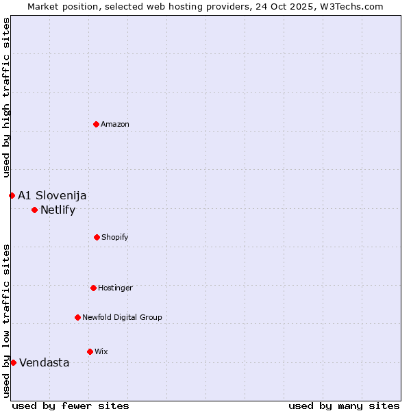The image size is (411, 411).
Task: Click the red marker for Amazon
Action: click(x=96, y=124)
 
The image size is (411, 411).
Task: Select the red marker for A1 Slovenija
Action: click(x=12, y=195)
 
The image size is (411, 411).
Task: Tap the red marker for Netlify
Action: click(x=34, y=210)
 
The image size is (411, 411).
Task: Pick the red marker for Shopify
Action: click(x=97, y=237)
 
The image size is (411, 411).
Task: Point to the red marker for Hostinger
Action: click(x=93, y=288)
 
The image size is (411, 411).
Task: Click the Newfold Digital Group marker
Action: click(x=77, y=317)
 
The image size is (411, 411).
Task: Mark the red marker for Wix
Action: click(x=90, y=351)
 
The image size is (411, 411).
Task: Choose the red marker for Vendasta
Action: click(x=13, y=362)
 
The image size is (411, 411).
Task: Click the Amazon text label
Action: click(x=115, y=124)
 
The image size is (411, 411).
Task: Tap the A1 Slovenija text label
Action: click(x=52, y=195)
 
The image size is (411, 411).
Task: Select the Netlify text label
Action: click(x=58, y=210)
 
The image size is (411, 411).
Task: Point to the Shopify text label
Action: click(x=115, y=237)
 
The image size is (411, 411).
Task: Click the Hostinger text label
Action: click(x=115, y=288)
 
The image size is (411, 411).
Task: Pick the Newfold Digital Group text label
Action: click(x=122, y=317)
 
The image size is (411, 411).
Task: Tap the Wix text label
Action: click(x=101, y=351)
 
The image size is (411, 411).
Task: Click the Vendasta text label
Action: click(x=44, y=362)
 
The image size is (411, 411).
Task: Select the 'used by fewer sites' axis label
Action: click(x=71, y=406)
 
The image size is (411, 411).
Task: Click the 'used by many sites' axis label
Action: click(x=344, y=406)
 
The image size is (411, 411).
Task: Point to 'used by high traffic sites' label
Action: click(x=6, y=97)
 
